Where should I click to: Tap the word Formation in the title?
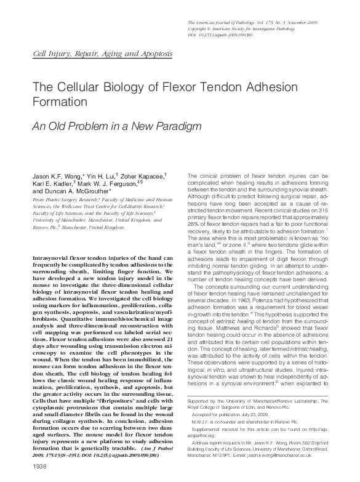[x=60, y=100]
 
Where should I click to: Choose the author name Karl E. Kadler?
[x=53, y=183]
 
